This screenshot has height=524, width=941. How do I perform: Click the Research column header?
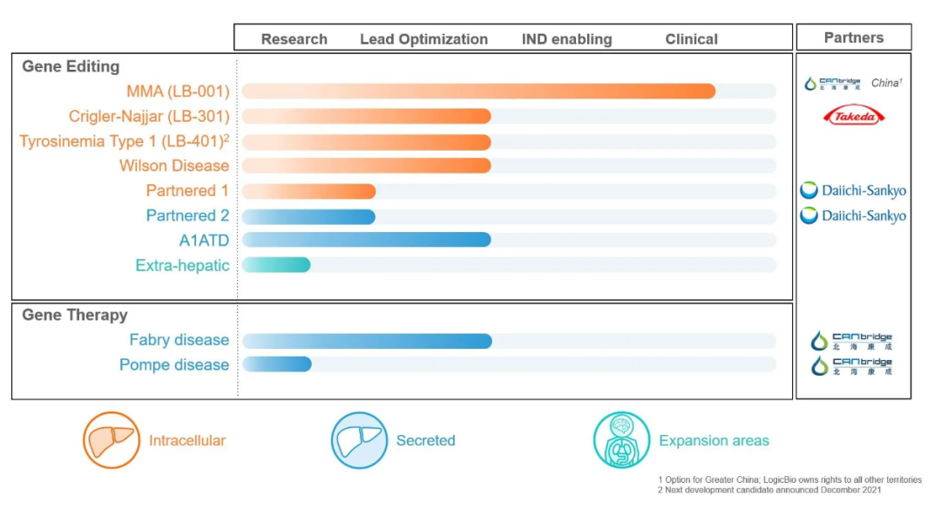(294, 39)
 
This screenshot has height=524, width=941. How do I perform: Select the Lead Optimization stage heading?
(423, 39)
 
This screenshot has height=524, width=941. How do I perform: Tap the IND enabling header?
(566, 39)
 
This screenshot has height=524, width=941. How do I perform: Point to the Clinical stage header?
(691, 39)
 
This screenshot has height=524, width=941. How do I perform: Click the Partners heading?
(853, 37)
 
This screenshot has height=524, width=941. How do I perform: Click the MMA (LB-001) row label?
(178, 92)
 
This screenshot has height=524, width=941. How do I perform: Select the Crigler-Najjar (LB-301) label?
(149, 116)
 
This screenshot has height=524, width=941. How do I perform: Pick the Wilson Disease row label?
(174, 166)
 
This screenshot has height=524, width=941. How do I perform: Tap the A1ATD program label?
(204, 240)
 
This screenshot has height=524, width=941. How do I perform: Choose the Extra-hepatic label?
(182, 265)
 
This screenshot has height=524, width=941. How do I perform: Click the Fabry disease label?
(179, 340)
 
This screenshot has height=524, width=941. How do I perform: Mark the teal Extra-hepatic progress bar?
(276, 265)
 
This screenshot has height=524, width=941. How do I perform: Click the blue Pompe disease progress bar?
(277, 364)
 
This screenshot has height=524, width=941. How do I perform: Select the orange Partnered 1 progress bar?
(308, 191)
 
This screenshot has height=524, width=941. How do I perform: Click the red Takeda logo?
(854, 115)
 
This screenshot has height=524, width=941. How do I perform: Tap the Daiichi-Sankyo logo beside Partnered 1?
(853, 191)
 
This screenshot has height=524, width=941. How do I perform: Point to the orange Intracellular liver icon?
(111, 440)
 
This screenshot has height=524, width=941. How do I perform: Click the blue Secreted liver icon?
(359, 440)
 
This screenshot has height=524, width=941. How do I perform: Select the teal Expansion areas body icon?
(621, 440)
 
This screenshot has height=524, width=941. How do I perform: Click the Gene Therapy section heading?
(75, 316)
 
